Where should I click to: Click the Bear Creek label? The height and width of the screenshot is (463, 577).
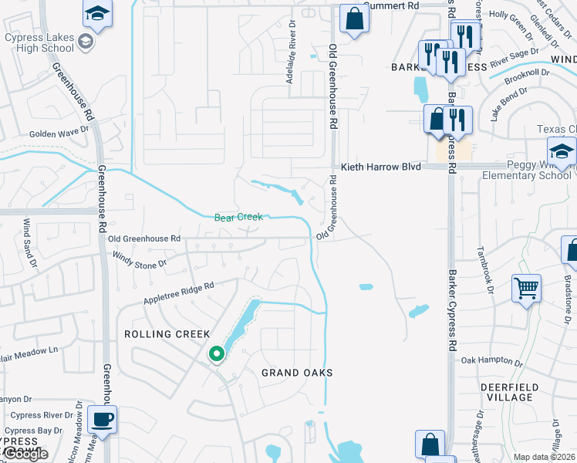click(238, 218)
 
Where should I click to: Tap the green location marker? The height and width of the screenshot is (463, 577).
click(217, 354)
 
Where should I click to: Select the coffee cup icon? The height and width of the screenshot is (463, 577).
click(102, 420)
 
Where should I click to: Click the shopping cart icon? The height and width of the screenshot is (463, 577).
click(526, 289)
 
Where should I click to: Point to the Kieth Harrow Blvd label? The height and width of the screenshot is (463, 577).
click(380, 167)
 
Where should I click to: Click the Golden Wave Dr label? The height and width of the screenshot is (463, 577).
click(59, 133)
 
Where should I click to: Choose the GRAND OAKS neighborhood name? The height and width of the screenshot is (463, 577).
click(297, 373)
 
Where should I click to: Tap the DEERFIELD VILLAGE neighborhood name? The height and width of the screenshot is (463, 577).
click(517, 392)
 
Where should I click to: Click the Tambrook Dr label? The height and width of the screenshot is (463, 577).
click(483, 270)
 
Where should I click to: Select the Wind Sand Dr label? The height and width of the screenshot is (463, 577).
click(29, 238)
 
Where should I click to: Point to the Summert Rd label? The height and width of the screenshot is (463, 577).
click(391, 5)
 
